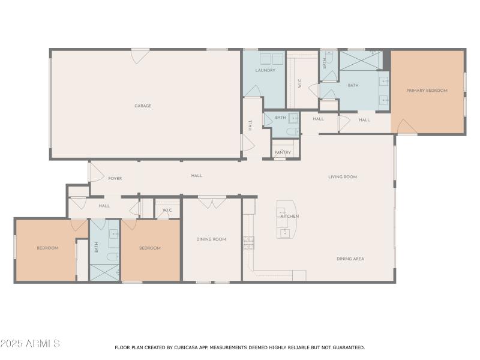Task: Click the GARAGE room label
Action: (143, 106)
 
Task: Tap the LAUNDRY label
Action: (265, 70)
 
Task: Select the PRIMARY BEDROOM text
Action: (427, 91)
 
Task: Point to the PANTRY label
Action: (283, 152)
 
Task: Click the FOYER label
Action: (115, 178)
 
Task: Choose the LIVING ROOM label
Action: (343, 177)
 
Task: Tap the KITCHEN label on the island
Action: (290, 217)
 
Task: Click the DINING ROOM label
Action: (211, 239)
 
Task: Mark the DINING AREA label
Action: (350, 259)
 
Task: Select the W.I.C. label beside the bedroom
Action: (167, 211)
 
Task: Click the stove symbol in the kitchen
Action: (248, 243)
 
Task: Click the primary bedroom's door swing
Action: (405, 127)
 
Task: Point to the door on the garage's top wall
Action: (140, 56)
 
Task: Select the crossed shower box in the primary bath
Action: (361, 61)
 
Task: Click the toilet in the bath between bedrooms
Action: (112, 256)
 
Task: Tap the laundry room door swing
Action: (253, 91)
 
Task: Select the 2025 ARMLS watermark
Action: (30, 344)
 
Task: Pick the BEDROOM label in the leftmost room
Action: (47, 248)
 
